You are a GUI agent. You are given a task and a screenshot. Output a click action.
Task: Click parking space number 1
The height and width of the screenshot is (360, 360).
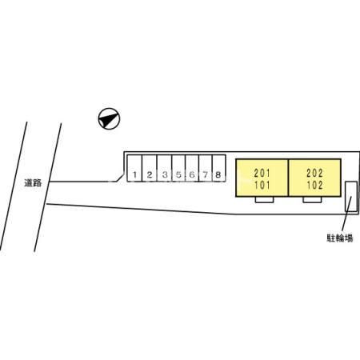pyautogui.click(x=134, y=168)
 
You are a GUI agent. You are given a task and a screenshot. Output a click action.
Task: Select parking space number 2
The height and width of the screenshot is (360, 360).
pyautogui.click(x=150, y=168)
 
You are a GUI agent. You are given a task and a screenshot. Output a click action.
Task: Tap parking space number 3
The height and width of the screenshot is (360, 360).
pyautogui.click(x=164, y=168)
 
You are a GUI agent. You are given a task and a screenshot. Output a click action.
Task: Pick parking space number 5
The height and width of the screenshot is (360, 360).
pyautogui.click(x=178, y=168)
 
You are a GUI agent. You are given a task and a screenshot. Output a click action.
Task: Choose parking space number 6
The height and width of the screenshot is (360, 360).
pyautogui.click(x=192, y=168)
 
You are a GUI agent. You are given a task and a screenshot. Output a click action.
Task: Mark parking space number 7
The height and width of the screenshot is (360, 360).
pyautogui.click(x=206, y=168)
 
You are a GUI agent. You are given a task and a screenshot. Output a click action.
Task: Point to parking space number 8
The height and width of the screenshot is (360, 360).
pyautogui.click(x=219, y=168)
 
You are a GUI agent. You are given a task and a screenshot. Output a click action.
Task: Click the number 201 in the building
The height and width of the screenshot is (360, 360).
pyautogui.click(x=262, y=173)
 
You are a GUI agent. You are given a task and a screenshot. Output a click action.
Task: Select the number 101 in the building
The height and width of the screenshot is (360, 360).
pyautogui.click(x=262, y=185)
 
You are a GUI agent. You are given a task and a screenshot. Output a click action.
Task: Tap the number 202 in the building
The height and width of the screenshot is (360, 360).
pyautogui.click(x=314, y=173)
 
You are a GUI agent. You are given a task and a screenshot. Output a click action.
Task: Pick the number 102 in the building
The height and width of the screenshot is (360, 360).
pyautogui.click(x=314, y=185)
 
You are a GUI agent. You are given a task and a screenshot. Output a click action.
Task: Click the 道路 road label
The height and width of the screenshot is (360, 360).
pyautogui.click(x=33, y=183)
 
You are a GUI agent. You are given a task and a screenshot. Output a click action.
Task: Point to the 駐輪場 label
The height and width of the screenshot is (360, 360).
pyautogui.click(x=340, y=238)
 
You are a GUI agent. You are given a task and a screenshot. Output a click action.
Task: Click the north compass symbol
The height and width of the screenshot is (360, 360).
pyautogui.click(x=109, y=118)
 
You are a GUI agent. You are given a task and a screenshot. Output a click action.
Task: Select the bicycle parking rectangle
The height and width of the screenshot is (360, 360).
pyautogui.click(x=351, y=197)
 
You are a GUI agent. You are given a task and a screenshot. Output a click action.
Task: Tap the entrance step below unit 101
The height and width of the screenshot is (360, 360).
pyautogui.click(x=264, y=200)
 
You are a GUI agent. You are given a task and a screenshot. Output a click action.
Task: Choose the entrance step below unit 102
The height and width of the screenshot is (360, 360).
pyautogui.click(x=312, y=200)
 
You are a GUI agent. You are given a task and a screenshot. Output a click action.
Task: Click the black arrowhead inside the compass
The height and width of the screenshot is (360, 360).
pyautogui.click(x=107, y=120)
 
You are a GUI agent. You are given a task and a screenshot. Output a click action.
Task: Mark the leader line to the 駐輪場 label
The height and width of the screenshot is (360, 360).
pyautogui.click(x=346, y=214)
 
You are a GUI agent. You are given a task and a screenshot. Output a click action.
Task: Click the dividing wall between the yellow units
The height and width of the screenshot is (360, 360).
pyautogui.click(x=288, y=178)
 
